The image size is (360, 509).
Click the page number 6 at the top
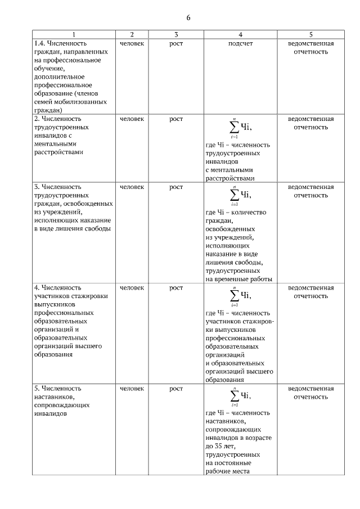188,18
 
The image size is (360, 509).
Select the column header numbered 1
73,34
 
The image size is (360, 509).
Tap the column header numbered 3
176,34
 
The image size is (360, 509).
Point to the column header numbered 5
310,34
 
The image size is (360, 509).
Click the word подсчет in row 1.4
240,43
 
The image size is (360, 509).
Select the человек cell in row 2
132,119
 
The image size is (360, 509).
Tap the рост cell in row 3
176,187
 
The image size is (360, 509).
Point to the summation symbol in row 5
233,396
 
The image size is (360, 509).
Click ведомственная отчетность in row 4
310,292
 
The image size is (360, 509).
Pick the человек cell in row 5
132,389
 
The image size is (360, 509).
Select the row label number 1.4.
39,43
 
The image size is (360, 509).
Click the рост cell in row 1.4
176,43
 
